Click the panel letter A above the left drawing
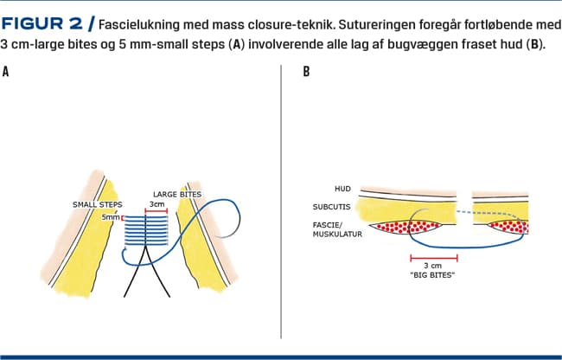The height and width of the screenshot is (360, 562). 6,72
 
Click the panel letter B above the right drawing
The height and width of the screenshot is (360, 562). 307,72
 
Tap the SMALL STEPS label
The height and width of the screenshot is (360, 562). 96,204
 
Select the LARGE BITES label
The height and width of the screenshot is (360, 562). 177,194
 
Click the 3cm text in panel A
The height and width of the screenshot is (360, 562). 157,204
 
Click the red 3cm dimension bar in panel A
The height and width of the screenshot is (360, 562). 156,211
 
